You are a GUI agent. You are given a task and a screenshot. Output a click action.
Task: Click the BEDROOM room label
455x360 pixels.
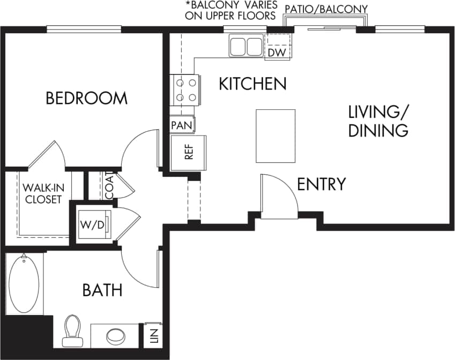click(x=86, y=99)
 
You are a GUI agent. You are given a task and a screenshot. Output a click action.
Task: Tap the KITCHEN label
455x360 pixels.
click(x=253, y=84)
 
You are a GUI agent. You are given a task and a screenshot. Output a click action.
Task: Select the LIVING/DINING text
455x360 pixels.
click(x=378, y=121)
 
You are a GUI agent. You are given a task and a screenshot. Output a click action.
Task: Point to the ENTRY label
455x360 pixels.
click(x=321, y=184)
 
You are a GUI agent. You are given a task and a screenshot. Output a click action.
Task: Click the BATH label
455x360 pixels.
click(x=102, y=290)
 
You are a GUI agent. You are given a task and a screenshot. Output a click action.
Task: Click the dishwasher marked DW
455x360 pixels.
click(x=277, y=52)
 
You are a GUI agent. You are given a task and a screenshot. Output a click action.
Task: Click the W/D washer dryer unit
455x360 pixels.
click(x=93, y=224)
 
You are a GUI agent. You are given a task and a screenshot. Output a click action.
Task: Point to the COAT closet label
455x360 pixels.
click(x=109, y=185)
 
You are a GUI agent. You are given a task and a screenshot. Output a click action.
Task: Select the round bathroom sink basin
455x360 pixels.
click(x=116, y=336)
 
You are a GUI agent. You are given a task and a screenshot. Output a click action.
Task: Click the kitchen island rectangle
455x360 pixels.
click(x=275, y=136)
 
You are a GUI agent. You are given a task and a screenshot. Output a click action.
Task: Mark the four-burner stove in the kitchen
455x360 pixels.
click(x=185, y=89)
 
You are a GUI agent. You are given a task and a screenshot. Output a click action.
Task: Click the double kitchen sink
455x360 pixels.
click(x=246, y=46)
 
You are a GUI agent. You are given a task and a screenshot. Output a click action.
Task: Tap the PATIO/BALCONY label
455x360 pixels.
click(x=326, y=9)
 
